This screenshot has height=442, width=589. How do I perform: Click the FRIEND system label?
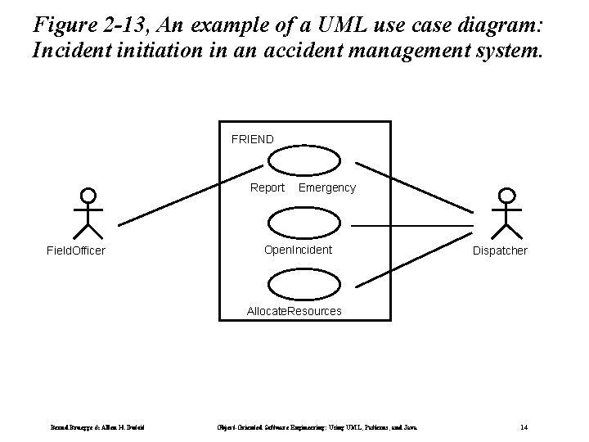[x=252, y=140]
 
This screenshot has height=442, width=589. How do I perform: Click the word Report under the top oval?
[x=268, y=187]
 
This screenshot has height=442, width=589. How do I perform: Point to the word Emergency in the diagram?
[x=327, y=187]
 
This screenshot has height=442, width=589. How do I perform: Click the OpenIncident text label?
[x=298, y=250]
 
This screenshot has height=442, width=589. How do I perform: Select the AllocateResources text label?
[x=294, y=311]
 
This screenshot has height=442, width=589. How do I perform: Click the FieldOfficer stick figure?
[x=88, y=214]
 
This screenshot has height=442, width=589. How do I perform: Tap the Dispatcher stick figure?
[x=507, y=214]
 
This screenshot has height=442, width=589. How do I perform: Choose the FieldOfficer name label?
[x=75, y=250]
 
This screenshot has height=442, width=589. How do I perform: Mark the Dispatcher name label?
[x=500, y=250]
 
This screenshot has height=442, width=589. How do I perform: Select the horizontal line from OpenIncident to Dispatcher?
[x=412, y=224]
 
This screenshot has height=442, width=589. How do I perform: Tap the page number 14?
[x=524, y=426]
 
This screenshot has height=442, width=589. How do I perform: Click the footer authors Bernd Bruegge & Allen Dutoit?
[x=99, y=426]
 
